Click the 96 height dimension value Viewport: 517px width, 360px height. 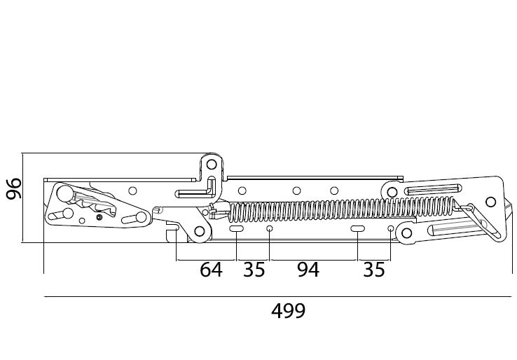tap(14, 188)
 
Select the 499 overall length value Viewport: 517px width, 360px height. tap(289, 310)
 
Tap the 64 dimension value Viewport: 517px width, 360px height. tap(212, 270)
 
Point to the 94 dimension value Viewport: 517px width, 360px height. tap(308, 270)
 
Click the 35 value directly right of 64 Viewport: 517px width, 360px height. tap(254, 270)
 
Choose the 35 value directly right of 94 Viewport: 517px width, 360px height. tap(374, 270)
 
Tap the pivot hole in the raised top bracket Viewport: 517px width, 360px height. tap(212, 165)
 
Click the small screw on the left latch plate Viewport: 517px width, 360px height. tap(99, 217)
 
